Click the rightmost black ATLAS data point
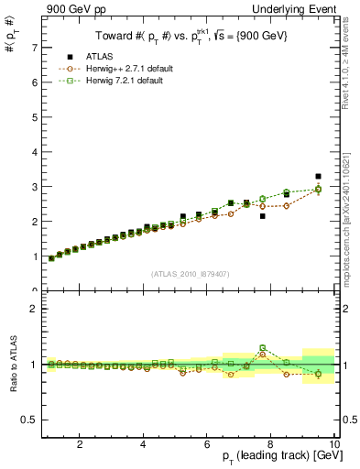point(318,176)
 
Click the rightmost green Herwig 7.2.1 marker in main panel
point(318,189)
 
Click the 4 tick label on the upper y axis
point(34,151)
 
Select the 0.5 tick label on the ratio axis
point(30,420)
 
